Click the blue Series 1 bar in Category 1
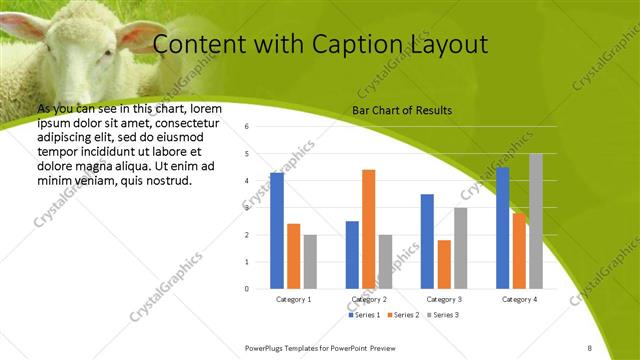pyautogui.click(x=277, y=231)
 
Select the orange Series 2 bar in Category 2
pyautogui.click(x=368, y=229)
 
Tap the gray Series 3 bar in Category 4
pyautogui.click(x=536, y=221)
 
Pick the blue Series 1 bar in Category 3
pyautogui.click(x=427, y=241)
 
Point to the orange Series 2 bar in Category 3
pyautogui.click(x=444, y=264)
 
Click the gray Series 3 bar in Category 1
pyautogui.click(x=310, y=262)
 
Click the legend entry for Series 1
pyautogui.click(x=365, y=315)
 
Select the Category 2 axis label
pyautogui.click(x=369, y=299)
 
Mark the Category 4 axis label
pyautogui.click(x=519, y=299)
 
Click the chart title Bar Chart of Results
pyautogui.click(x=402, y=110)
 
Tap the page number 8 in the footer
pyautogui.click(x=590, y=348)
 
